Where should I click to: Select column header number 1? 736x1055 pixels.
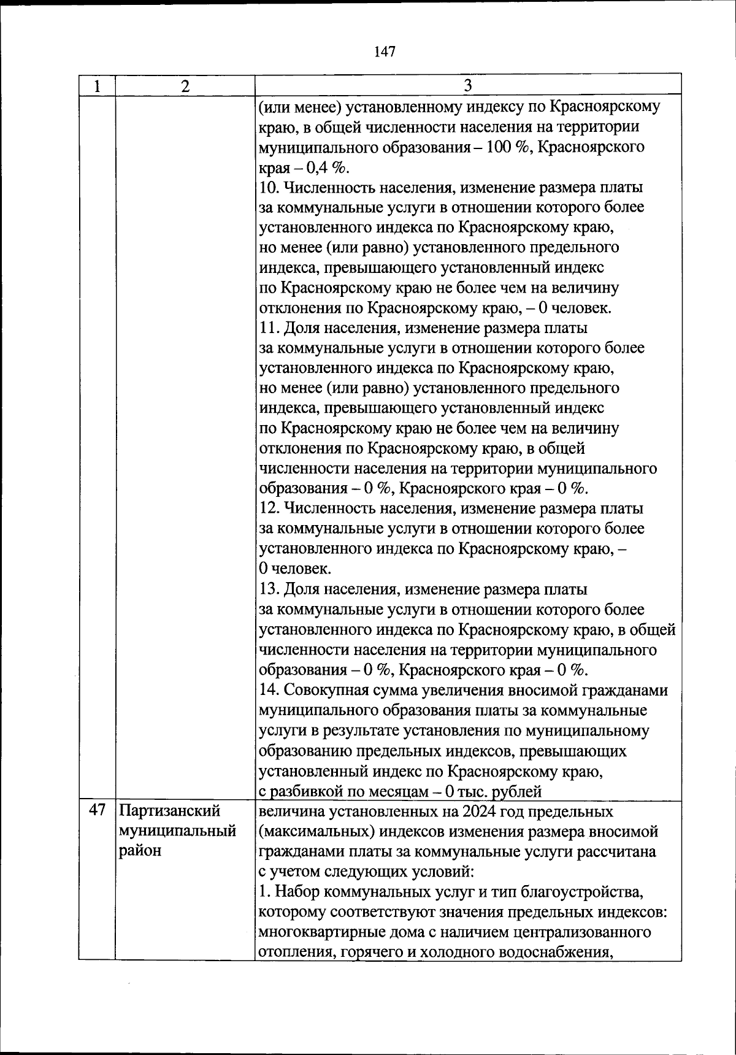pyautogui.click(x=97, y=85)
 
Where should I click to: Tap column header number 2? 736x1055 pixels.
pyautogui.click(x=185, y=85)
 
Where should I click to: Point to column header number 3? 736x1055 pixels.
pyautogui.click(x=467, y=85)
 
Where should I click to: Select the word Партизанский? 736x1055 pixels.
pyautogui.click(x=169, y=811)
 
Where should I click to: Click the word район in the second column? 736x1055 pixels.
pyautogui.click(x=140, y=851)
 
